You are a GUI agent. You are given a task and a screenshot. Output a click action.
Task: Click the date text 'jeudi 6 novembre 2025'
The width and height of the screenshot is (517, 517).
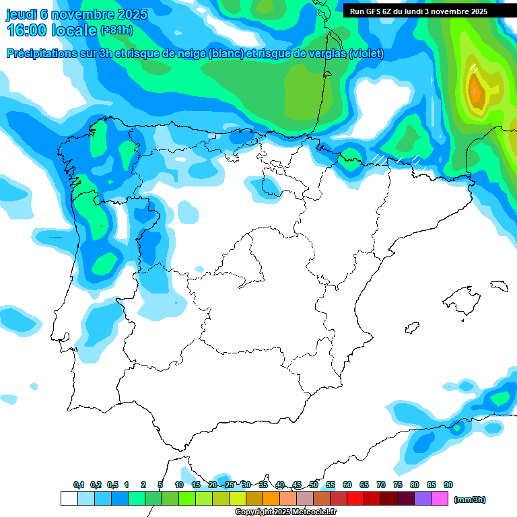(x=77, y=14)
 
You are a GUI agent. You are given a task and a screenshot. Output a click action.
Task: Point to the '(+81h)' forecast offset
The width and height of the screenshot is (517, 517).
(x=116, y=30)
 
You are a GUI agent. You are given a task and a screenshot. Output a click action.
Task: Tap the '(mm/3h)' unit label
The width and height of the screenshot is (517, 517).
(x=469, y=499)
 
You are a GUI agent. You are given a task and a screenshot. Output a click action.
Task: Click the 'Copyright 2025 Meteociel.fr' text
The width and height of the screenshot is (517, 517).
(x=285, y=512)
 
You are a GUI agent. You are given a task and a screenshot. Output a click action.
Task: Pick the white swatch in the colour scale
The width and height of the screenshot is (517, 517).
(x=69, y=499)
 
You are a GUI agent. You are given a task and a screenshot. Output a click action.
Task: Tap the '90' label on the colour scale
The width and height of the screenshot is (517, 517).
(x=448, y=485)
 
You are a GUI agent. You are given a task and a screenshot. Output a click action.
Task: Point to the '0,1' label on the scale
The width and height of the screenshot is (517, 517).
(x=79, y=485)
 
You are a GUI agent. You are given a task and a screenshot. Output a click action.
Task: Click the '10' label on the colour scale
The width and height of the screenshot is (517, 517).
(x=179, y=485)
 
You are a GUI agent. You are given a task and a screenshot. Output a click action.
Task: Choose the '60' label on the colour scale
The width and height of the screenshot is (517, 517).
(x=347, y=485)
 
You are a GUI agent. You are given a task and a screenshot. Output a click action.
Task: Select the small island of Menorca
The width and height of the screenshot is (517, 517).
(x=499, y=286)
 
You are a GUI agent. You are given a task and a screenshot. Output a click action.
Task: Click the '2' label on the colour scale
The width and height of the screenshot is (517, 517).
(x=143, y=485)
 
